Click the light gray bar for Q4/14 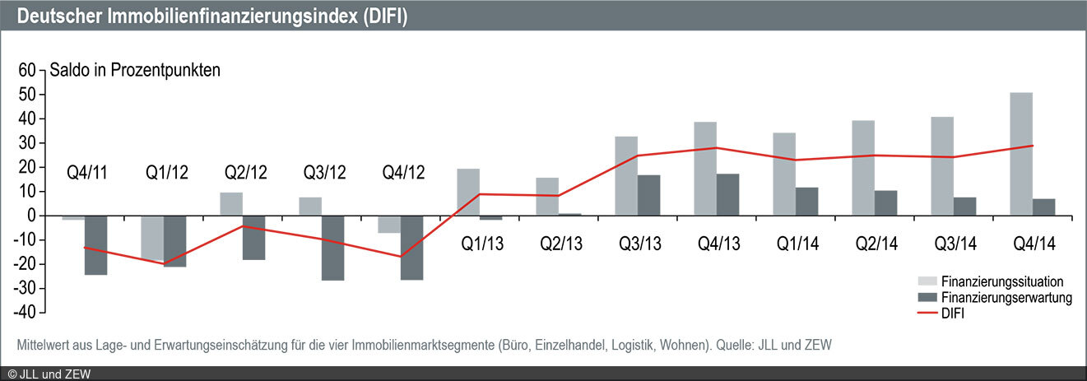point(1020,154)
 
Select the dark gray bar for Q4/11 point(95,244)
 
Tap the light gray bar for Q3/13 point(626,176)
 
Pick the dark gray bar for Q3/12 point(332,248)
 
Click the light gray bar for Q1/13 point(468,192)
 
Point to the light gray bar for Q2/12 point(231,204)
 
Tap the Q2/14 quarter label point(876,244)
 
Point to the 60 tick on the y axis point(28,71)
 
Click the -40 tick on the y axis point(25,312)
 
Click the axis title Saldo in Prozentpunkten point(135,71)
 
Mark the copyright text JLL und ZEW point(49,374)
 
